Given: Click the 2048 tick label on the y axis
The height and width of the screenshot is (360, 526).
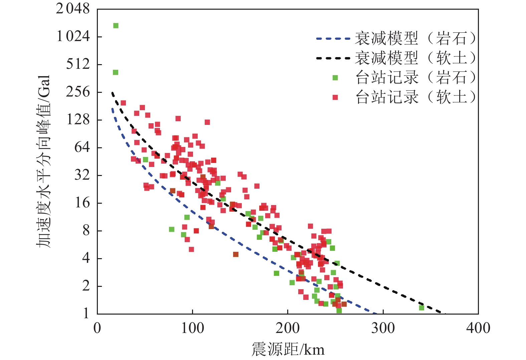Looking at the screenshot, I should point(73,9).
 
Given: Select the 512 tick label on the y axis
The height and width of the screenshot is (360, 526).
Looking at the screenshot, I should point(78,64).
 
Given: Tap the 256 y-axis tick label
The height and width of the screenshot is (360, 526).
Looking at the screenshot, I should point(78,92).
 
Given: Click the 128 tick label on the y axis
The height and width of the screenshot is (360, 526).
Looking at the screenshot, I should point(78,119).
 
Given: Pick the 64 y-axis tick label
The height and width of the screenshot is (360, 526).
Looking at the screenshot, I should point(82,147).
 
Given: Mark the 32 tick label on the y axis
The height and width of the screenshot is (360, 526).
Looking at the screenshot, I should point(82,175).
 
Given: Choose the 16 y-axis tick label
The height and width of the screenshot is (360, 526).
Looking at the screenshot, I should point(82,202).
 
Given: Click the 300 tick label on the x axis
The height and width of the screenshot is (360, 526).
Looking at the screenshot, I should point(383,328).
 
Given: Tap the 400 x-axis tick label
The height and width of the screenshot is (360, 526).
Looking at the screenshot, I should point(478,328).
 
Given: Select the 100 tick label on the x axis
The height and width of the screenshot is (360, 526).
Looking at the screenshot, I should point(192,328).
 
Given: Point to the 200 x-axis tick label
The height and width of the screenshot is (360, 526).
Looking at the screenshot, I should point(288,328).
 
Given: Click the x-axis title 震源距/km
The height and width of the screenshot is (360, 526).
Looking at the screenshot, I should point(288,349).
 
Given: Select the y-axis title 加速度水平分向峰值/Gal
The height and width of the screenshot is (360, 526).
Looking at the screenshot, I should point(43,161).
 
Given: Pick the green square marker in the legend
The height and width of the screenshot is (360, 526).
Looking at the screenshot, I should point(335,78).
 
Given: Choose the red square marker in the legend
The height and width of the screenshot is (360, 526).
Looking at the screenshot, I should point(335,97).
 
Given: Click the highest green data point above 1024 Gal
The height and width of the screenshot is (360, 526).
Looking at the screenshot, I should point(116,26).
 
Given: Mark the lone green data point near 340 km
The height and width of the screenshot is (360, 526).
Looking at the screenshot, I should point(421,308).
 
